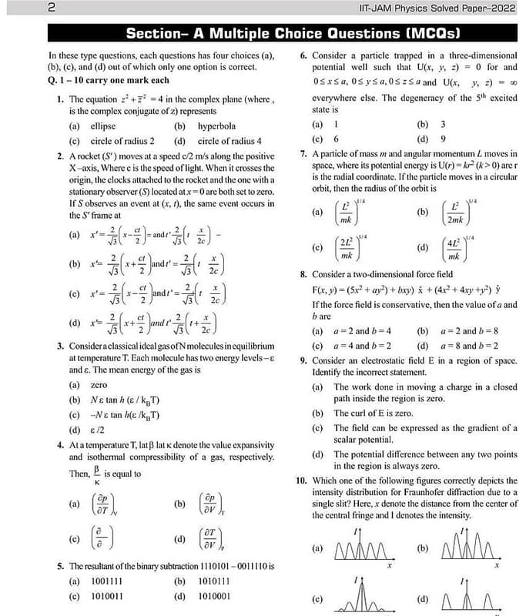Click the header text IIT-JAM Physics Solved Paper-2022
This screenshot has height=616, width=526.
(x=438, y=9)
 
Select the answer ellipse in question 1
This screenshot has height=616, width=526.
(x=102, y=126)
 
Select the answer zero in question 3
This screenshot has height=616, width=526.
(x=99, y=384)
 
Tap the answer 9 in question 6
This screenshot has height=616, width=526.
(x=443, y=139)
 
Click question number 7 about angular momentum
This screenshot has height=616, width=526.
(x=303, y=154)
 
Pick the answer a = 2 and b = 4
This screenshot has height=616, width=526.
(x=365, y=331)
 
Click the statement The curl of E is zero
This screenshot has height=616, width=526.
(x=373, y=413)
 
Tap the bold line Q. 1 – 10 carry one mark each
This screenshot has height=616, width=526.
(x=109, y=80)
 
